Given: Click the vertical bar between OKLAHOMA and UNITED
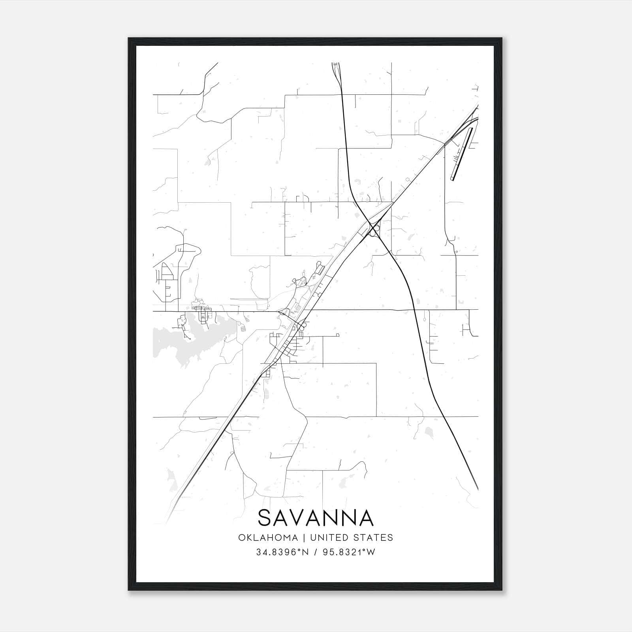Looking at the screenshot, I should [x=304, y=538].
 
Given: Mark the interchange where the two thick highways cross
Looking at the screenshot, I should [x=373, y=228].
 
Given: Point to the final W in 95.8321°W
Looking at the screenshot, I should [x=371, y=552].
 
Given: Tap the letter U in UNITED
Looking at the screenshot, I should [x=313, y=538].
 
